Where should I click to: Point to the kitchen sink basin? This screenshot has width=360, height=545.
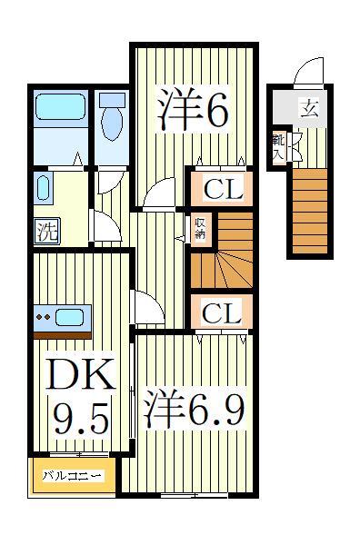(69, 318)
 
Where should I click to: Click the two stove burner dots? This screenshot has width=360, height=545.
(41, 318)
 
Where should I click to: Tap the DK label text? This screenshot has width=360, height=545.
(79, 374)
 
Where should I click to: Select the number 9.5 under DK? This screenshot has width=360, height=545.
(79, 419)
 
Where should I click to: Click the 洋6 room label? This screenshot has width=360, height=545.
(192, 111)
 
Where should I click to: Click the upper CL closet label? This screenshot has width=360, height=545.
(222, 191)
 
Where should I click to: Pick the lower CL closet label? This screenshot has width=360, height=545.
(222, 313)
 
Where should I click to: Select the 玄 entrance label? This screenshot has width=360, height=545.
(310, 110)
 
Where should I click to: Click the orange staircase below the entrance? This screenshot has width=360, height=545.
(309, 209)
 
